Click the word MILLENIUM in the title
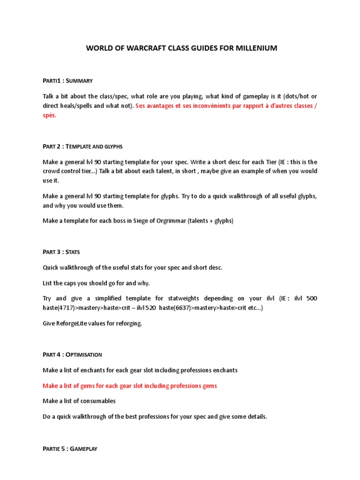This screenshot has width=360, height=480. coord(255,48)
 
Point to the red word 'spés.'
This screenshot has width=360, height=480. coord(49,115)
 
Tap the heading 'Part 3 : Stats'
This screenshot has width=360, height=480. coord(61,252)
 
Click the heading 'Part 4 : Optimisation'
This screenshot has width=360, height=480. coord(73,354)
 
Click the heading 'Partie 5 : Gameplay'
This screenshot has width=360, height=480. coord(70,449)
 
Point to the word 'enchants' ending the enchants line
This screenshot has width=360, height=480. coord(224,370)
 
